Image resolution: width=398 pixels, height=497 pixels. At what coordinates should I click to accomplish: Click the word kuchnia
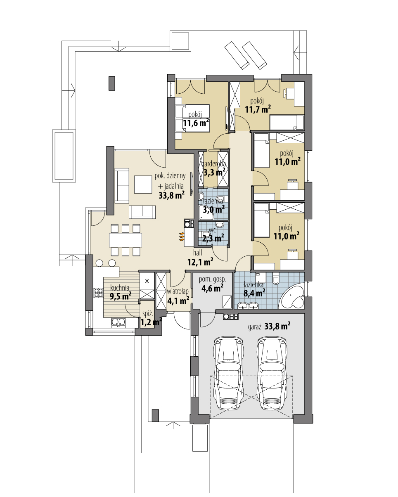120,288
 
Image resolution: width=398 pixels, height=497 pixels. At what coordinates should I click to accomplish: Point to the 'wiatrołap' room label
178,292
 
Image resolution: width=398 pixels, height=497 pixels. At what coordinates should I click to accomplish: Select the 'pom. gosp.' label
212,279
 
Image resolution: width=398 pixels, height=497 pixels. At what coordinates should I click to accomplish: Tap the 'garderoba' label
213,164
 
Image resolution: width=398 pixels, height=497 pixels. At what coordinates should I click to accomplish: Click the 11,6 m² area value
196,123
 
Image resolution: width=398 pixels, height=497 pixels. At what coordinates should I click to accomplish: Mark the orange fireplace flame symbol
181,237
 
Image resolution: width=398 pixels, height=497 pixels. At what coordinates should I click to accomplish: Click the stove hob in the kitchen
98,293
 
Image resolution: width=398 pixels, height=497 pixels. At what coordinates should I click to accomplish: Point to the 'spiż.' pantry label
147,315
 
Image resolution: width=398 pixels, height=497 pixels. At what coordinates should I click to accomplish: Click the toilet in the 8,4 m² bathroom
276,280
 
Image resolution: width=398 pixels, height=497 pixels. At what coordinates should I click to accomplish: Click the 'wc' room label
213,229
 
